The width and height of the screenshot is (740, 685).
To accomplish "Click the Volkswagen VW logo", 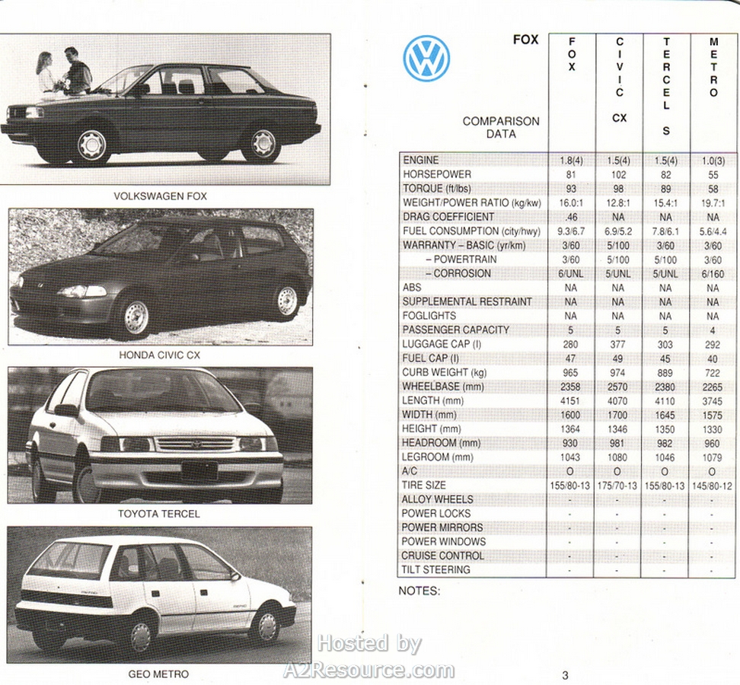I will [426, 59].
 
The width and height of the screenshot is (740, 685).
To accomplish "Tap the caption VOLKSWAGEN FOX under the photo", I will [160, 196].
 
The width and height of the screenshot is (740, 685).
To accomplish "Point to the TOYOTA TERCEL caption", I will [159, 514].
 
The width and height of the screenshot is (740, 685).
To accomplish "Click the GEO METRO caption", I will [158, 674].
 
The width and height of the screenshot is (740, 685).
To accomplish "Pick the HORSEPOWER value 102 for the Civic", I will [617, 174].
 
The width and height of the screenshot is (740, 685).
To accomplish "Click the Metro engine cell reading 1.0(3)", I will [713, 160].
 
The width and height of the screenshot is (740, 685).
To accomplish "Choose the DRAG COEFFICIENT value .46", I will [571, 217].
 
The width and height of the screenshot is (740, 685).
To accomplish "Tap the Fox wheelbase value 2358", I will [571, 387].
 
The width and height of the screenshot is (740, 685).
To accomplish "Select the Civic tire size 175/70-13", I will [617, 486].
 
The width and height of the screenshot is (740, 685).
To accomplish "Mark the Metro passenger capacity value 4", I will [713, 330].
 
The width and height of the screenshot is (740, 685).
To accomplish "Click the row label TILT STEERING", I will [435, 569].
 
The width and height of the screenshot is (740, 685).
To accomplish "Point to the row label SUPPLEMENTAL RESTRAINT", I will [467, 301].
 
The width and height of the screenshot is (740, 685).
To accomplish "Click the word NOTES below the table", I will [419, 591].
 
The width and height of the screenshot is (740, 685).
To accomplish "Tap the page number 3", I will [565, 674].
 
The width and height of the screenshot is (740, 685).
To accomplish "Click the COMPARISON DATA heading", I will [500, 127].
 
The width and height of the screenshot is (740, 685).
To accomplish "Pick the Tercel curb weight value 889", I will [665, 372].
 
